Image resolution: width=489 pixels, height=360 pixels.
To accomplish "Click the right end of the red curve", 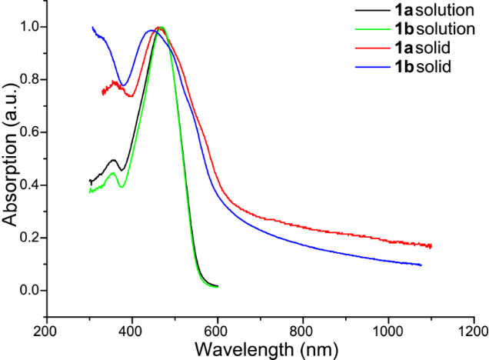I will point(431,246).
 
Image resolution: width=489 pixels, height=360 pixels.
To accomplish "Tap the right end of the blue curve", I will point(421,265).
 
